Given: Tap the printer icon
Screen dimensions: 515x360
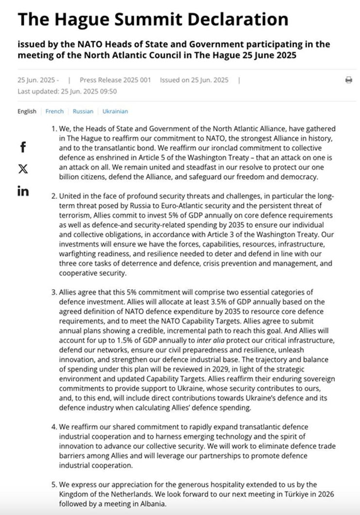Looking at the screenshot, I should point(349,80).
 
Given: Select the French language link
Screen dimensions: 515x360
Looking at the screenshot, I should point(54,111).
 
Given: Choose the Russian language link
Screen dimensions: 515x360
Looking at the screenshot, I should point(83,111).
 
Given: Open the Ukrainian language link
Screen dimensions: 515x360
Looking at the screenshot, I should point(115,111).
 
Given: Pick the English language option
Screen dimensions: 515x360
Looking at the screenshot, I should point(27,111).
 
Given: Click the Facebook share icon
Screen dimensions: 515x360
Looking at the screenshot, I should point(23,147).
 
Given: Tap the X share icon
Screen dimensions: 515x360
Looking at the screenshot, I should point(23,169).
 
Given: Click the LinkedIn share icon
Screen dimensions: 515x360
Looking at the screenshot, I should point(23,191).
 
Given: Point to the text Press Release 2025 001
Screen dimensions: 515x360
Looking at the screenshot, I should point(115,80).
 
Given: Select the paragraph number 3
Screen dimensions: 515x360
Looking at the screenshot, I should point(54,292).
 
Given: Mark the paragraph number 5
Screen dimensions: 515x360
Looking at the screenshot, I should point(54,485).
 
